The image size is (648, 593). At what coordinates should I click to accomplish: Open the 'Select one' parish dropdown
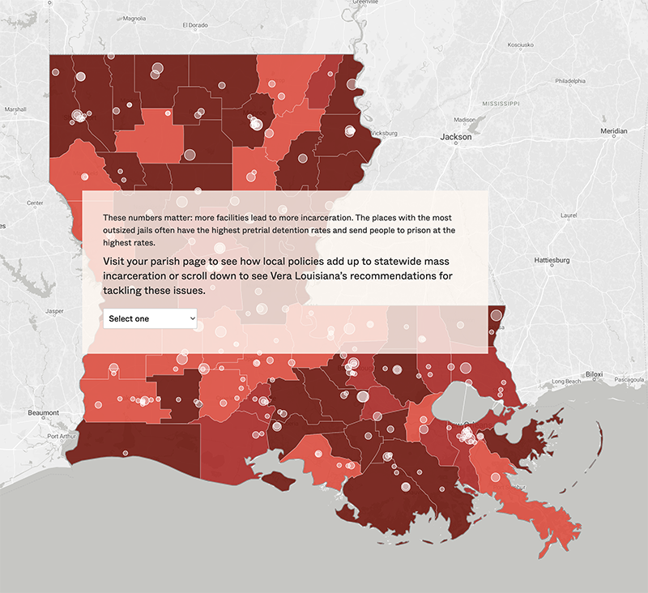[150, 318]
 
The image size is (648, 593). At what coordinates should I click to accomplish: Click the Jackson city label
[455, 137]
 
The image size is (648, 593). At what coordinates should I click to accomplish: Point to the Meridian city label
[613, 130]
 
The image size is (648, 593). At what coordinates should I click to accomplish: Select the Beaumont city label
[43, 412]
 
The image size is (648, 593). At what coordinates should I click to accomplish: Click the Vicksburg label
[382, 132]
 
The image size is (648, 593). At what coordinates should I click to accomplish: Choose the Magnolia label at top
[134, 18]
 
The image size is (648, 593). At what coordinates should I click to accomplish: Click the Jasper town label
[55, 310]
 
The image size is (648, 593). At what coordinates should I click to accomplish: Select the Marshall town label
[15, 109]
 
